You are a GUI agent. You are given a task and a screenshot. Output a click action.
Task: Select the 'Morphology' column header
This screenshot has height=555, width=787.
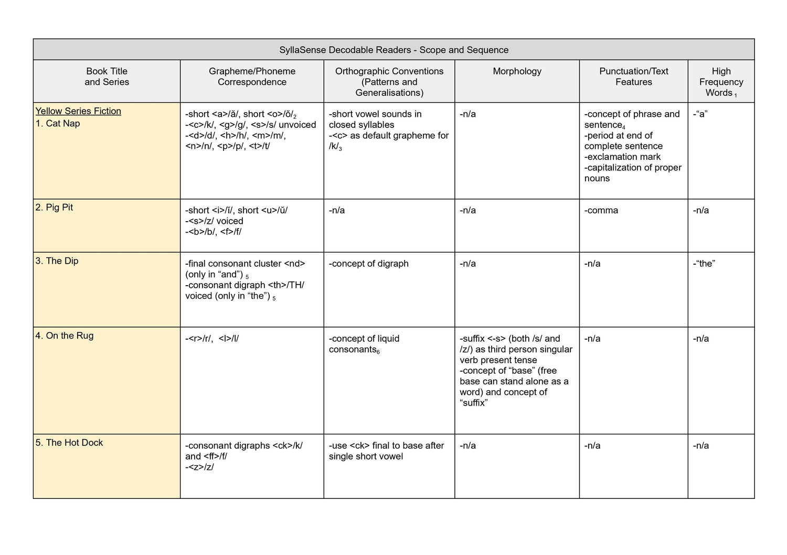(517, 71)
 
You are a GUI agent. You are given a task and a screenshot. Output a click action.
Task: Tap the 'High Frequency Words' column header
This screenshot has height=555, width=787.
(721, 82)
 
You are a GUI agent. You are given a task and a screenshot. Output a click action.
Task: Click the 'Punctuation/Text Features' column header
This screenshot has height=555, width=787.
(633, 77)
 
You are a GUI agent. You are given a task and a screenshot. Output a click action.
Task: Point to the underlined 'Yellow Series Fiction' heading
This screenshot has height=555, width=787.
(78, 111)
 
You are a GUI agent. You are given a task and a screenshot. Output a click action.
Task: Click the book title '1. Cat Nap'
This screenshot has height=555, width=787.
(58, 124)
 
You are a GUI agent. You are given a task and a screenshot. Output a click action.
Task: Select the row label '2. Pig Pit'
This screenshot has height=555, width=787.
(54, 208)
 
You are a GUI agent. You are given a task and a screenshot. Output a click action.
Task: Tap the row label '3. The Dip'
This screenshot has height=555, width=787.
(57, 261)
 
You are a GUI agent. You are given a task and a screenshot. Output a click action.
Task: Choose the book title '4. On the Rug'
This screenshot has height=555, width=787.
(64, 336)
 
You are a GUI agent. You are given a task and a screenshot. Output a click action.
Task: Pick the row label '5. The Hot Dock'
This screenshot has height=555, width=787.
(69, 443)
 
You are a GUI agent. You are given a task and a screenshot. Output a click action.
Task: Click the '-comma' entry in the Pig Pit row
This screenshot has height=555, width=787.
(601, 211)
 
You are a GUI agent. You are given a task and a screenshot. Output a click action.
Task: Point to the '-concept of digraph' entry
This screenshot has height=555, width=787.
(368, 264)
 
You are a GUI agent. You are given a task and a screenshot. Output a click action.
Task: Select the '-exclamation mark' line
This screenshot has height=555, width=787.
(622, 157)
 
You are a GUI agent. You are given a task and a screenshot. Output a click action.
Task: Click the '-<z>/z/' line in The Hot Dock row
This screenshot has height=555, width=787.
(199, 467)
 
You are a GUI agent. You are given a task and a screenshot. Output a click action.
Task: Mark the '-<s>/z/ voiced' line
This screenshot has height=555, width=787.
(214, 221)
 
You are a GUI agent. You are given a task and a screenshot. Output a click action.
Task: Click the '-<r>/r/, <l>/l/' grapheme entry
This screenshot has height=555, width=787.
(212, 339)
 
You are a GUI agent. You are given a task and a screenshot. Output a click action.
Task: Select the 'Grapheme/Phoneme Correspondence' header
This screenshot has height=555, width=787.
(252, 77)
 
